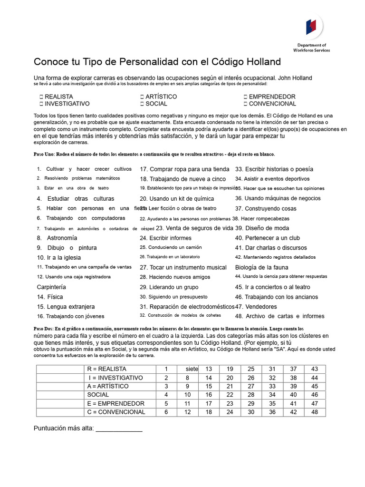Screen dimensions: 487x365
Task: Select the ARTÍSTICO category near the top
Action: (161, 97)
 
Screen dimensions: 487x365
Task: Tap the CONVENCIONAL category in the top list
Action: (272, 104)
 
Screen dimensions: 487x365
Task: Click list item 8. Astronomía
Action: (57, 238)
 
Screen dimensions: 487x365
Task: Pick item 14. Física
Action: (50, 297)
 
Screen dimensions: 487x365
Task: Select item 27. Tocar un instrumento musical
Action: (183, 267)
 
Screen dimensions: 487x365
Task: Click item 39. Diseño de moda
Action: (262, 228)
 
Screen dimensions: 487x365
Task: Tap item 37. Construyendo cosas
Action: (265, 208)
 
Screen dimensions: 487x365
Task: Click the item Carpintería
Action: (51, 287)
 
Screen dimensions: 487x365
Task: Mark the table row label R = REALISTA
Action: (107, 369)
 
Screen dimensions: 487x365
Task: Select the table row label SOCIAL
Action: (98, 395)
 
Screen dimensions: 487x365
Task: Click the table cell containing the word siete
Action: (192, 369)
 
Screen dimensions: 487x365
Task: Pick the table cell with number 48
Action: (314, 412)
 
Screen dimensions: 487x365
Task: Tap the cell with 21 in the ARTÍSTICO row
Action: (230, 386)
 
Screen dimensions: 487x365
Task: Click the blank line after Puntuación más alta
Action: (119, 429)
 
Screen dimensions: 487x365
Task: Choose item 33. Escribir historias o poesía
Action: (274, 169)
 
